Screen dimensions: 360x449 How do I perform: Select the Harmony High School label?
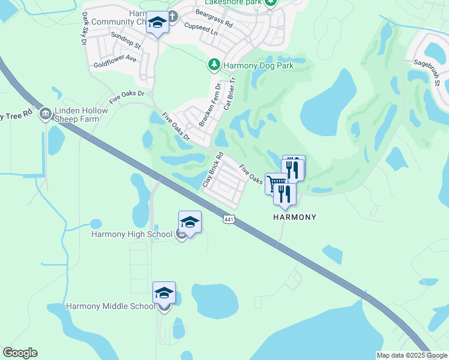(x=132, y=234)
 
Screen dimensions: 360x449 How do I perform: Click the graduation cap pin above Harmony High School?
(x=190, y=223)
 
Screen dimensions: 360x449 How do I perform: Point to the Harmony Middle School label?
(x=110, y=306)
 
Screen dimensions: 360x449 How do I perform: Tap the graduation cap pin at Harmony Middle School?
(x=164, y=293)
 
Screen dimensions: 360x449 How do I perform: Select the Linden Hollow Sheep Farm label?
(x=81, y=115)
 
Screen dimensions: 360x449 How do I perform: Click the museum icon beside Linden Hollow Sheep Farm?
(x=45, y=113)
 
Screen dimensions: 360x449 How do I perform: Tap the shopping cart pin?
(x=276, y=182)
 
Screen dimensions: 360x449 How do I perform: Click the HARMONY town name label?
(x=295, y=217)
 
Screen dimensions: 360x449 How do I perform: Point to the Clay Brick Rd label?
(x=213, y=169)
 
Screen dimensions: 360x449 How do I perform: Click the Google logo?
(x=20, y=353)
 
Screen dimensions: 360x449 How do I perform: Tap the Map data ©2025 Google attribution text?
(x=411, y=355)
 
